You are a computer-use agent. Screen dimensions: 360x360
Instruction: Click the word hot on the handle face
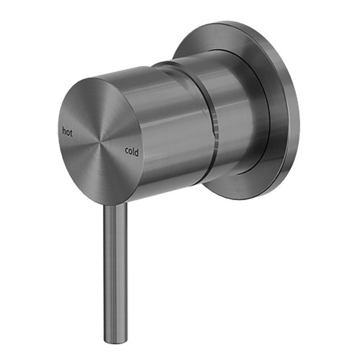(x=68, y=131)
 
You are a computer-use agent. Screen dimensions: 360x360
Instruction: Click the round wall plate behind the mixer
(x=277, y=79)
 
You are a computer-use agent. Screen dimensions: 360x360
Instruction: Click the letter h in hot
(x=63, y=131)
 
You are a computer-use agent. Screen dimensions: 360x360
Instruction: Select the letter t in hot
(x=72, y=131)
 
